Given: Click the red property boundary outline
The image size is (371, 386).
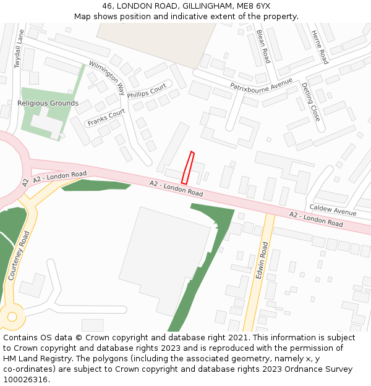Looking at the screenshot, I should [x=187, y=167].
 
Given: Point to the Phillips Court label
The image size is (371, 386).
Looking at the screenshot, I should [x=147, y=91].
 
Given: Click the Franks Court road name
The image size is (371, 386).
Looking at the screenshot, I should [x=106, y=117].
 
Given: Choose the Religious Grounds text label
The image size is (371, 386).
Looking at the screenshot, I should [x=48, y=103].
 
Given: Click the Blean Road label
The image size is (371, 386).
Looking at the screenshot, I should [x=263, y=46].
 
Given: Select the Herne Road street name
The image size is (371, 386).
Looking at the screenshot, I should [x=320, y=47].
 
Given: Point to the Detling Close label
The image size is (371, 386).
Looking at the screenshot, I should [x=311, y=101].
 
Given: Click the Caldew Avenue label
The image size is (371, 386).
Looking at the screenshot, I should [x=333, y=211].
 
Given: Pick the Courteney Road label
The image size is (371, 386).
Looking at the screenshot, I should [x=19, y=256].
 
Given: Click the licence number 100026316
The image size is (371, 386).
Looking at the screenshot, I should [x=26, y=380].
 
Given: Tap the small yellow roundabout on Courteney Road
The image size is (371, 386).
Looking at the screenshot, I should [x=12, y=317].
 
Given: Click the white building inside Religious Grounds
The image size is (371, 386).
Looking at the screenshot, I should [x=46, y=124].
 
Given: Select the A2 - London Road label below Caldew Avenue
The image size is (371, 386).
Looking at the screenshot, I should [x=316, y=219].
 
